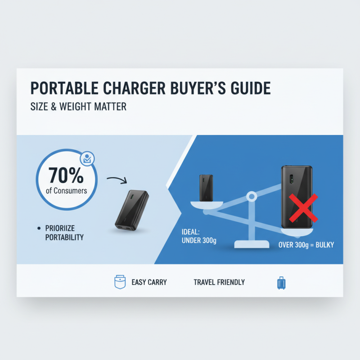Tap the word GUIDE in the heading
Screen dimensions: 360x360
coord(247,88)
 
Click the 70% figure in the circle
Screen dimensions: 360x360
coord(66,175)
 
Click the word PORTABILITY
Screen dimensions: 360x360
coord(64,237)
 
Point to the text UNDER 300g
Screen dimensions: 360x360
coord(199,241)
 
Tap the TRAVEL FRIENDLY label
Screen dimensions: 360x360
coord(219,282)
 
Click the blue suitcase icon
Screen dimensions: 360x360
coord(281,283)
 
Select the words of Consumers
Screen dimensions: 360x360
coord(67,190)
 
